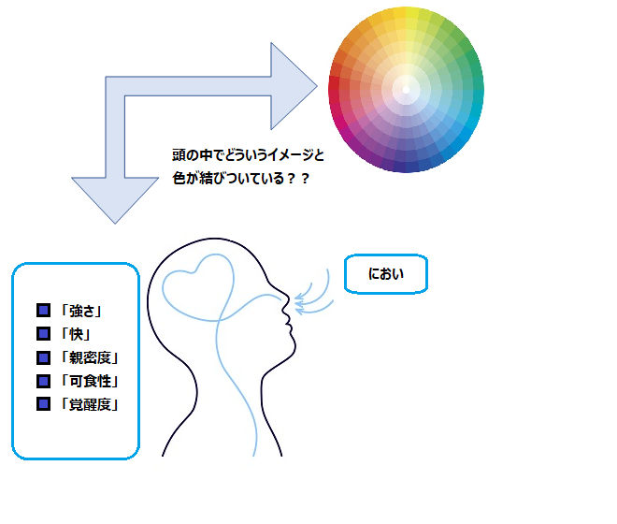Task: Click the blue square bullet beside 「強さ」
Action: pos(42,311)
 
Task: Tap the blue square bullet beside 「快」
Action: pos(42,334)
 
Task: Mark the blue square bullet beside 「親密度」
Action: pos(42,357)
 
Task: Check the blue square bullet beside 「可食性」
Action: pos(42,381)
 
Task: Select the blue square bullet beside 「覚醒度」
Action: pos(42,404)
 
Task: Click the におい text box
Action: pos(385,274)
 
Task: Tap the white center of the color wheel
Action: pos(406,90)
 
